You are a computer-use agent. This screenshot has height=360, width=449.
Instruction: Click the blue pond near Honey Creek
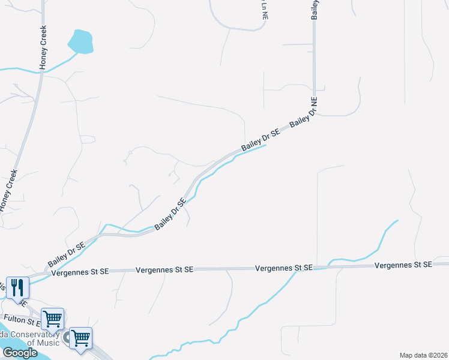point(81,42)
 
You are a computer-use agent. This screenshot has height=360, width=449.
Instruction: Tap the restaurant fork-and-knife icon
point(16,287)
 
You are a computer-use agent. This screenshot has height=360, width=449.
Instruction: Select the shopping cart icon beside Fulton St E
point(52,318)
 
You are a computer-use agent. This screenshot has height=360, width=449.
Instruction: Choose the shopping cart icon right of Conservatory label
point(80,337)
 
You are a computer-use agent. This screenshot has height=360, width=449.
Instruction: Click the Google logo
point(20,353)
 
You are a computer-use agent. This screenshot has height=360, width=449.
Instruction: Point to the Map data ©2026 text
point(423,355)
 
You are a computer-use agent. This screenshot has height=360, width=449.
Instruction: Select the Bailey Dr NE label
point(304,117)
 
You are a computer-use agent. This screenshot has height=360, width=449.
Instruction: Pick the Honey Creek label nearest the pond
point(43,51)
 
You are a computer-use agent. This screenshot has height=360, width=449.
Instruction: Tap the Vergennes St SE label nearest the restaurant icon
point(80,272)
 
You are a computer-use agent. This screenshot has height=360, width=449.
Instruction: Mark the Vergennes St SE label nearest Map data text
point(403,265)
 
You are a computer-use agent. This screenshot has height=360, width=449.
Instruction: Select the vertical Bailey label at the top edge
point(315,10)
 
